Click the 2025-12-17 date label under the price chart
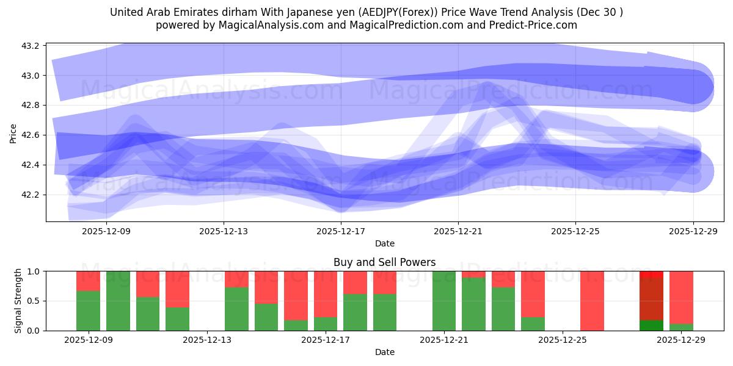pyautogui.click(x=340, y=231)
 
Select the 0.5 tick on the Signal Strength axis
pyautogui.click(x=34, y=301)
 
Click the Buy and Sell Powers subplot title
pyautogui.click(x=384, y=263)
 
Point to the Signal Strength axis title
pyautogui.click(x=18, y=301)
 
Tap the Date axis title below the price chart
pyautogui.click(x=384, y=243)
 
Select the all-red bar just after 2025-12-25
pyautogui.click(x=592, y=301)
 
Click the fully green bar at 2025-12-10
pyautogui.click(x=118, y=301)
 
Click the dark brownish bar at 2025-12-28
pyautogui.click(x=651, y=299)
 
